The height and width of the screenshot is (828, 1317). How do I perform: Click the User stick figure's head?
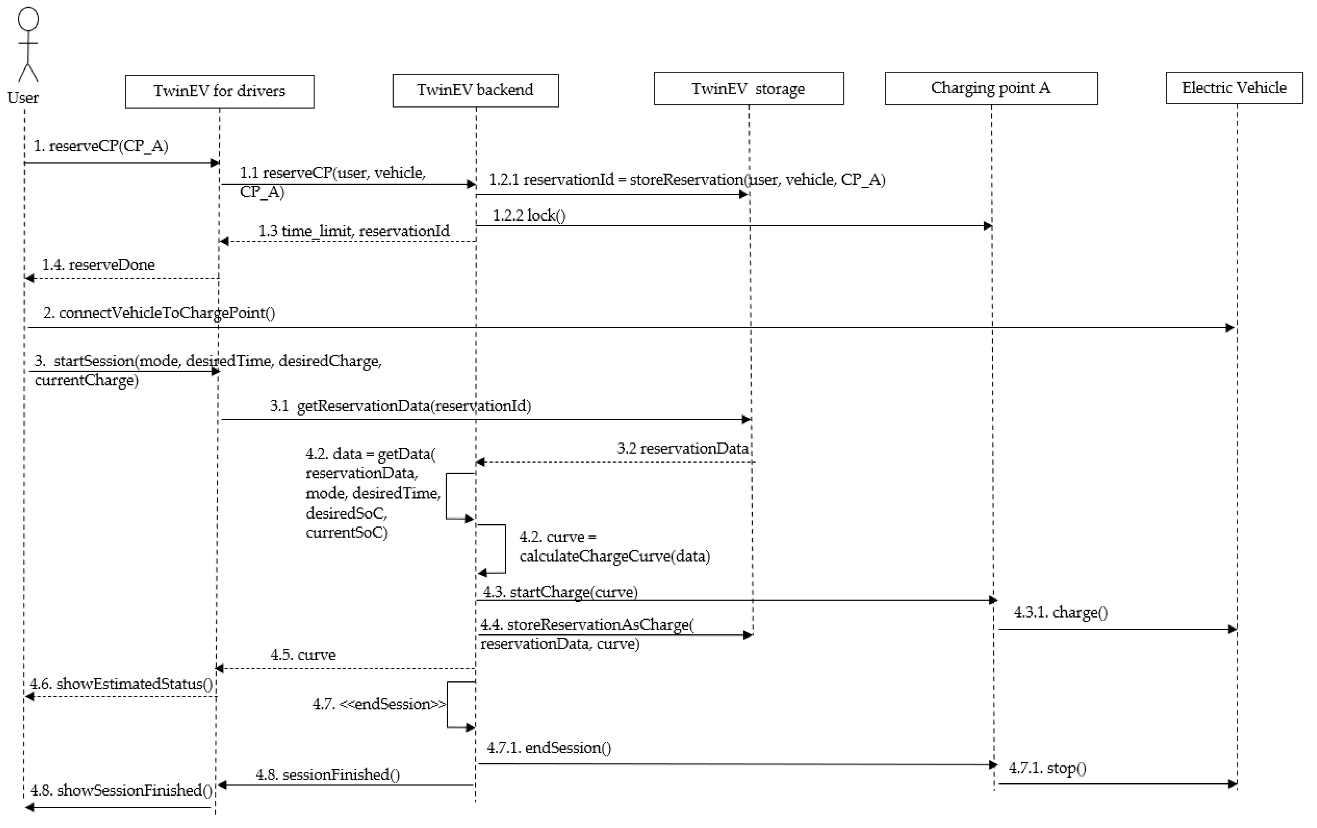pos(28,19)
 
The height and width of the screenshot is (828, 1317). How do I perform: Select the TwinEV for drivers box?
pos(219,91)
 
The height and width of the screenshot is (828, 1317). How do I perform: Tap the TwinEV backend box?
pos(475,90)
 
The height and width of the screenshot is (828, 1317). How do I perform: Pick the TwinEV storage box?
pos(748,89)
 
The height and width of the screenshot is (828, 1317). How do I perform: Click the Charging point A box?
pos(990,88)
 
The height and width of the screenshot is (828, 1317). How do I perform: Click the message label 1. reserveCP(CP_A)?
pos(101,146)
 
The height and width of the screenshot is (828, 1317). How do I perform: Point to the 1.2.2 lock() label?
pos(529,216)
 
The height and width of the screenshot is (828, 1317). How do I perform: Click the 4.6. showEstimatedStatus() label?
pos(121,684)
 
